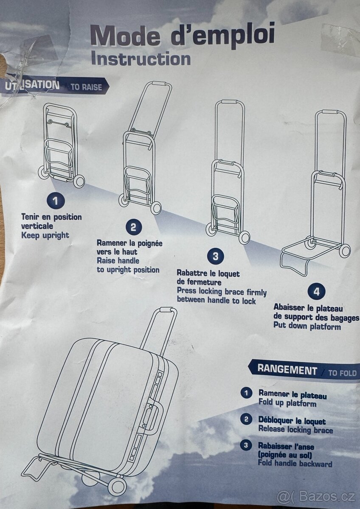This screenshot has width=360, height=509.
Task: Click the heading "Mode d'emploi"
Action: pyautogui.click(x=183, y=36)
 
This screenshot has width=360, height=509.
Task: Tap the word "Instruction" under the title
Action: pyautogui.click(x=141, y=59)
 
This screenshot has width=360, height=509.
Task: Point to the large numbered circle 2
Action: pyautogui.click(x=133, y=227)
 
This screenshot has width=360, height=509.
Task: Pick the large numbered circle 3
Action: pyautogui.click(x=215, y=256)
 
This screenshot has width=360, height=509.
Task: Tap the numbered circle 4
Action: pyautogui.click(x=316, y=291)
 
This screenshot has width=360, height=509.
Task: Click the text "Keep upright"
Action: pyautogui.click(x=45, y=235)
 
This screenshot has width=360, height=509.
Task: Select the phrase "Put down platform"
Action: pyautogui.click(x=307, y=327)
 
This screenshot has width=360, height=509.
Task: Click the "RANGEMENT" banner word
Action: pyautogui.click(x=287, y=370)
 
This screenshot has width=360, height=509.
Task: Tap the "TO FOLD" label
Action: pyautogui.click(x=343, y=373)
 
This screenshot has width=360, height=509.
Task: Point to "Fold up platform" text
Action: pyautogui.click(x=287, y=403)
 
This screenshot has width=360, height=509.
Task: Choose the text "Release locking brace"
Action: pyautogui.click(x=295, y=430)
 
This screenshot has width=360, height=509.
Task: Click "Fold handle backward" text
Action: pyautogui.click(x=295, y=464)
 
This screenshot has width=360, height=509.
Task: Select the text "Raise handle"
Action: pyautogui.click(x=118, y=260)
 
